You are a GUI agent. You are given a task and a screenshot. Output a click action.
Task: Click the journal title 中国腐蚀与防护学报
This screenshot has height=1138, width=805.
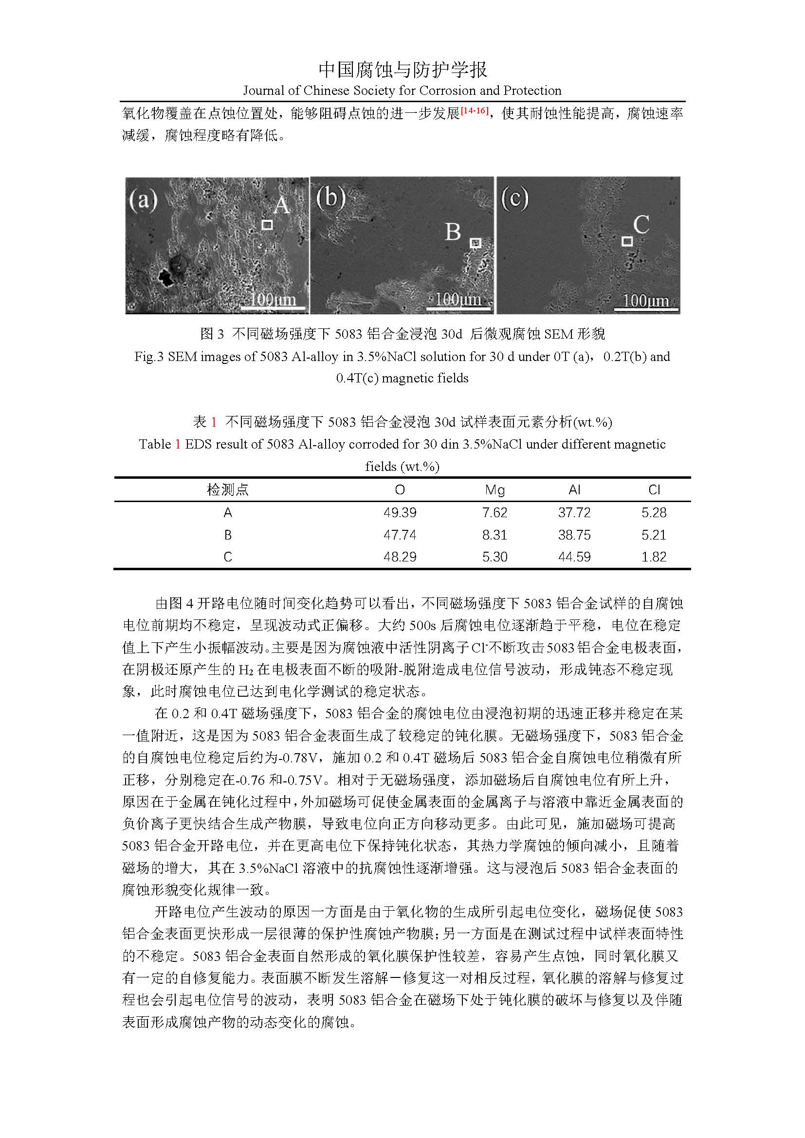[x=402, y=70]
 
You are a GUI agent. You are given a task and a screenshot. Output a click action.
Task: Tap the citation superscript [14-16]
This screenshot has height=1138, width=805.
[x=475, y=110]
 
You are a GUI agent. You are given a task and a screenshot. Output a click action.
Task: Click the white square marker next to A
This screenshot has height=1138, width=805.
[x=267, y=225]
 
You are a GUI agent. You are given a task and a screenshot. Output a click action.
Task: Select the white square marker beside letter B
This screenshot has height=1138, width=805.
[x=476, y=243]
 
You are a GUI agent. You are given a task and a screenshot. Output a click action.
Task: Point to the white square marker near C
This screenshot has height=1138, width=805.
[x=627, y=241]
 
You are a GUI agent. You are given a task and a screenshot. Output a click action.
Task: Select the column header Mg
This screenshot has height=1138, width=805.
[x=494, y=490]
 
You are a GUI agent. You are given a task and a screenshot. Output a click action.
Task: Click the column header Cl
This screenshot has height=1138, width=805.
[x=654, y=490]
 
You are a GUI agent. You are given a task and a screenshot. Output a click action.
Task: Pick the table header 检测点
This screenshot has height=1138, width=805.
[x=227, y=490]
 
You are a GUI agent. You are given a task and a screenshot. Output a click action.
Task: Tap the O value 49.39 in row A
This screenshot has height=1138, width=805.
[x=400, y=512]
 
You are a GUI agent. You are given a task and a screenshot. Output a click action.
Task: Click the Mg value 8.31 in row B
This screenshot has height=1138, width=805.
[x=494, y=535]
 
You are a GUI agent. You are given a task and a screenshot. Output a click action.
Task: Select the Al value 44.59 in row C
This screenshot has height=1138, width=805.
[x=574, y=557]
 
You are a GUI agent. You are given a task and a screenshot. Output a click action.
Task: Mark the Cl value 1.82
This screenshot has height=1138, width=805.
[x=654, y=557]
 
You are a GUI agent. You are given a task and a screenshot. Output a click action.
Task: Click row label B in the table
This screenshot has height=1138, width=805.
[x=227, y=535]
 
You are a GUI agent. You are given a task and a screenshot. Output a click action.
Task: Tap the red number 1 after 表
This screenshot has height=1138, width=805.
[x=214, y=422]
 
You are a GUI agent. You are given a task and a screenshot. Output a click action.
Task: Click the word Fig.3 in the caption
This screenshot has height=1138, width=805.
[x=149, y=357]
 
